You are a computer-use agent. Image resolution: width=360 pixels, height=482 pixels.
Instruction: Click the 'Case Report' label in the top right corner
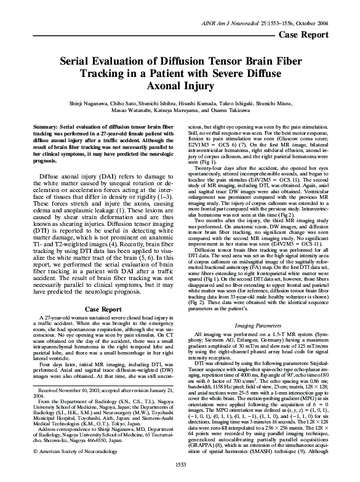click(316, 17)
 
